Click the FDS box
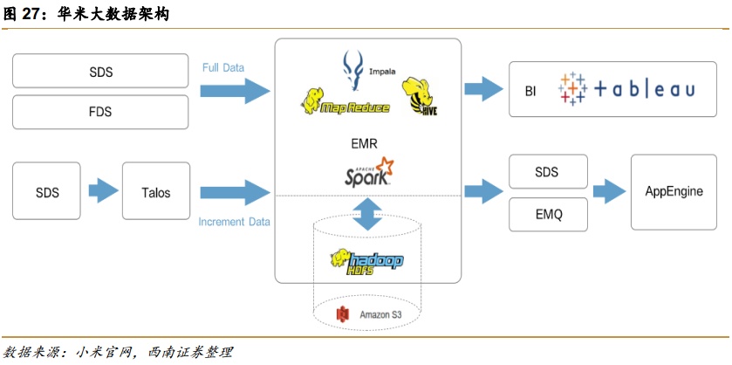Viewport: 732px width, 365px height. pos(100,112)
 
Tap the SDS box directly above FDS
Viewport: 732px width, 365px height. pos(100,72)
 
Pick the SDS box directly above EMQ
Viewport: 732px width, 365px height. pos(547,173)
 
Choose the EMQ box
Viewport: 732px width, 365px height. pos(547,212)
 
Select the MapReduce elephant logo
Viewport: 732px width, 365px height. pos(336,102)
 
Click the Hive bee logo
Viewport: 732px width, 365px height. pos(419,96)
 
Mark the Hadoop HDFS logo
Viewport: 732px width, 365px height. pos(365,260)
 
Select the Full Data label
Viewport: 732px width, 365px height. pos(223,67)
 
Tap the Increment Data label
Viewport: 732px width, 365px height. pos(234,222)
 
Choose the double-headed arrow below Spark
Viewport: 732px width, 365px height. pos(366,214)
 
